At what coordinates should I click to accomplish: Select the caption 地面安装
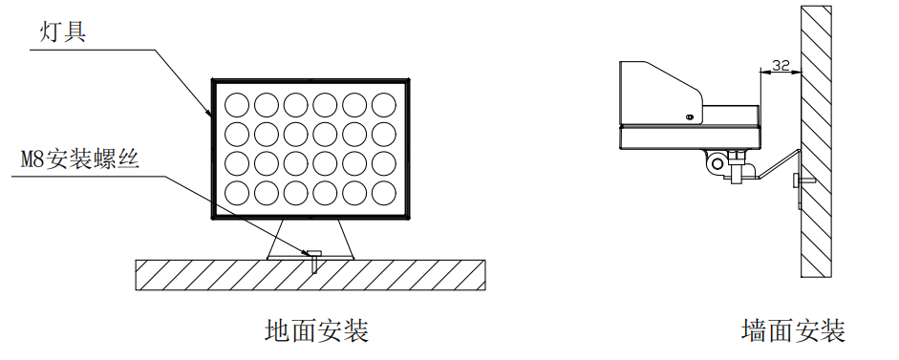pyautogui.click(x=316, y=331)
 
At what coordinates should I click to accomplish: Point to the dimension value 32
pyautogui.click(x=780, y=66)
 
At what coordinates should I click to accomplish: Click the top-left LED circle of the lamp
pyautogui.click(x=236, y=103)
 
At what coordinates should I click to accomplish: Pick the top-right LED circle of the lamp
pyautogui.click(x=384, y=103)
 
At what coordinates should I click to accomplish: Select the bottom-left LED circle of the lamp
pyautogui.click(x=236, y=193)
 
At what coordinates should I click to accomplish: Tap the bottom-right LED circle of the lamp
pyautogui.click(x=384, y=193)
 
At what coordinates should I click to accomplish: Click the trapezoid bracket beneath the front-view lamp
pyautogui.click(x=311, y=239)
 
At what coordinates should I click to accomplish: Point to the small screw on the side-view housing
pyautogui.click(x=690, y=117)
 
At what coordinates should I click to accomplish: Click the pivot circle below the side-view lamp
pyautogui.click(x=716, y=163)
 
